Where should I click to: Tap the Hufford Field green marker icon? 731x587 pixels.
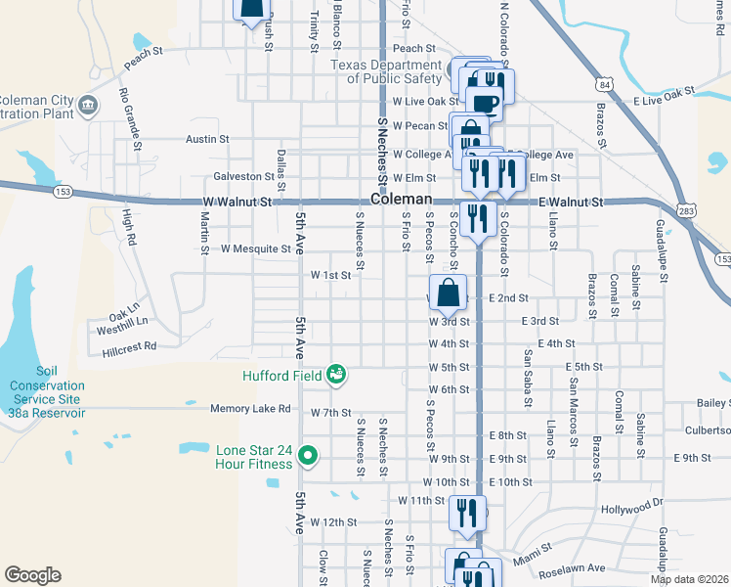point(336,374)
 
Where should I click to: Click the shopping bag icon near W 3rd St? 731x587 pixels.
point(448,293)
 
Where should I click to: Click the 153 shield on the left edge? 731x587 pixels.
point(64,191)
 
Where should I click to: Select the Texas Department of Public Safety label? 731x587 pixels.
point(386,71)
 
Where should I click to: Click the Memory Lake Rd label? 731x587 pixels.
point(251,409)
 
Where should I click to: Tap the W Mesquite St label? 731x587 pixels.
point(255,248)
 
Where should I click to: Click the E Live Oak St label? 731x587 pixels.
point(664,94)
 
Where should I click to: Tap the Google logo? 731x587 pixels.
point(32,575)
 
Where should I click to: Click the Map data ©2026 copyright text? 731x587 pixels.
point(689,579)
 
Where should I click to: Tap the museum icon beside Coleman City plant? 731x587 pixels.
point(88,105)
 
